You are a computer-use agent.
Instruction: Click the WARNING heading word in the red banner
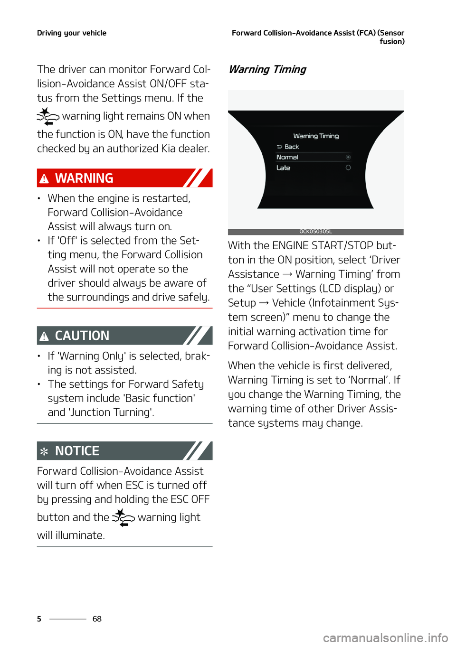tap(84, 178)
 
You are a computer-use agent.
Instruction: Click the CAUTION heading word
tap(82, 336)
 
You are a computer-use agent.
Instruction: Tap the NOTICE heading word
tap(77, 450)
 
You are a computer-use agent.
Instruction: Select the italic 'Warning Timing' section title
tap(267, 69)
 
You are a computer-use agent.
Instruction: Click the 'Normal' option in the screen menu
tap(287, 157)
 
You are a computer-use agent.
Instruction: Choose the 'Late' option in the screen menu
tap(283, 168)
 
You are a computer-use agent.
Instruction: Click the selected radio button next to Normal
tap(348, 157)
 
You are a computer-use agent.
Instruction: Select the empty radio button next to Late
tap(348, 168)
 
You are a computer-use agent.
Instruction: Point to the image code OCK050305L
tap(315, 232)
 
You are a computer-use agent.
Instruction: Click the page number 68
tap(97, 618)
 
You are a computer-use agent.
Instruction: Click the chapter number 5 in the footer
tap(39, 618)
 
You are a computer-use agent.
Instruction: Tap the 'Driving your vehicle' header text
tap(72, 33)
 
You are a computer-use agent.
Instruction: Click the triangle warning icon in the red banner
tap(44, 178)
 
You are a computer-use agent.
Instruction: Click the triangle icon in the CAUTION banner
tap(44, 336)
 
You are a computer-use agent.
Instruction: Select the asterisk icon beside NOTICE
tap(44, 451)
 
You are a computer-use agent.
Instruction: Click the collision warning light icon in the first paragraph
tap(48, 116)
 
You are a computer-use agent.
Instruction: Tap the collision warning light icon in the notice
tap(123, 517)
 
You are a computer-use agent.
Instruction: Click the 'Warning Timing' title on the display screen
tap(316, 136)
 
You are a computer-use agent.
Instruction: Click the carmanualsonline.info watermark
tap(385, 637)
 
